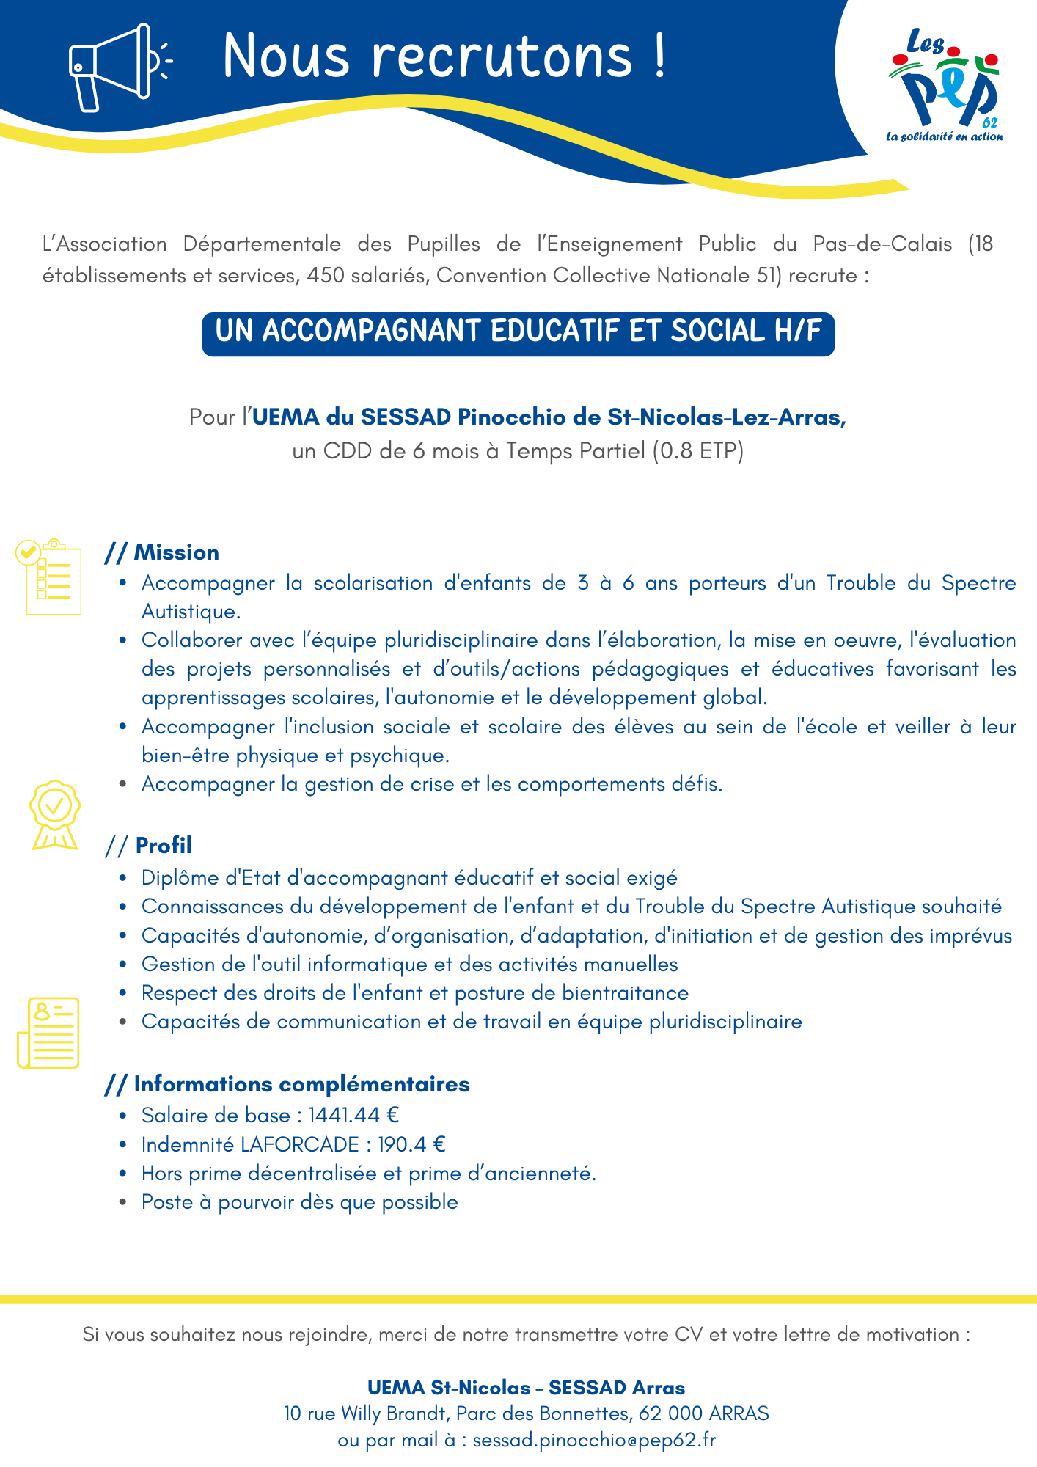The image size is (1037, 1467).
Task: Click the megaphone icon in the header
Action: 117,67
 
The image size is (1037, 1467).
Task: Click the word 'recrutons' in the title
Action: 502,56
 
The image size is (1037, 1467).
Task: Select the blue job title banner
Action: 518,334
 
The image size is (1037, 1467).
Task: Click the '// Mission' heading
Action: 162,552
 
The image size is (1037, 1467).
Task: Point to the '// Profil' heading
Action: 149,846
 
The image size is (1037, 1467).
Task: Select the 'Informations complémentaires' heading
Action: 287,1084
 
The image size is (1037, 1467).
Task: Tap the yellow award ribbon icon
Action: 54,815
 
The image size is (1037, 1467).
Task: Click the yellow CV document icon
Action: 48,1032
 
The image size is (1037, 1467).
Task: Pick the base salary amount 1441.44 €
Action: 353,1116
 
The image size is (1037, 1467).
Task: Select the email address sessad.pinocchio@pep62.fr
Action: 594,1441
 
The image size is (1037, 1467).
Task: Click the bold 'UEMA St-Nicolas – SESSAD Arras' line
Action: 526,1388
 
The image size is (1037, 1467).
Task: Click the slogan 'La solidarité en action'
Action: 945,136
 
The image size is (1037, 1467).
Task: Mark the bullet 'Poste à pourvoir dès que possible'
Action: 299,1202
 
